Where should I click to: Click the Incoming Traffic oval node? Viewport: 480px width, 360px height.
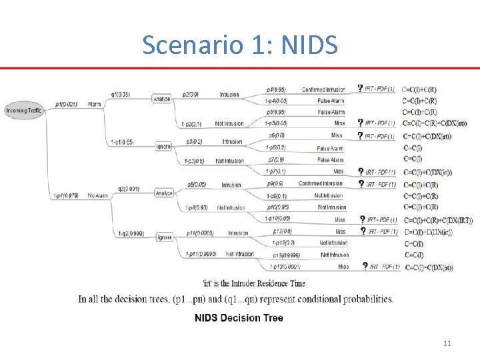(x=25, y=110)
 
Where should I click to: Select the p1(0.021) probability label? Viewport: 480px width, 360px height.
(x=66, y=105)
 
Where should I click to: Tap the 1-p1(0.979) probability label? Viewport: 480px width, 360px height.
(x=65, y=195)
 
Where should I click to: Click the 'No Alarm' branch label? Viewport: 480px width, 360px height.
(x=99, y=195)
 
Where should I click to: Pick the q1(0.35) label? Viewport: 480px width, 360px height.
(x=120, y=95)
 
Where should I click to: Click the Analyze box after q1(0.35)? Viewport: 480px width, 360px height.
(x=162, y=99)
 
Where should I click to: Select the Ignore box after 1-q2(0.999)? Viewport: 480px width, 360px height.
(x=164, y=237)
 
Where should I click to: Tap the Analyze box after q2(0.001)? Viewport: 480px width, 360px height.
(x=164, y=193)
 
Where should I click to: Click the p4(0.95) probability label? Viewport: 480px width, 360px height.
(x=276, y=89)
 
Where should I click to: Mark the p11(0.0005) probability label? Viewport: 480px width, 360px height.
(x=200, y=233)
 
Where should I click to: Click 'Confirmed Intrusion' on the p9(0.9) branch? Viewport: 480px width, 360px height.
(x=320, y=184)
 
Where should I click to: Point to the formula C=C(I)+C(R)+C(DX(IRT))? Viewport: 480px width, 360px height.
(x=437, y=220)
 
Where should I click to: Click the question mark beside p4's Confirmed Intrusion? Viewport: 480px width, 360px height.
(x=361, y=88)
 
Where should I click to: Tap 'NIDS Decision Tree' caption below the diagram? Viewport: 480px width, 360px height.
(x=238, y=318)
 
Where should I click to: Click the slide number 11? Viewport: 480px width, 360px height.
(x=447, y=343)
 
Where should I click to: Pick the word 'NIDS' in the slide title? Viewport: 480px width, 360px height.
(x=310, y=45)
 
